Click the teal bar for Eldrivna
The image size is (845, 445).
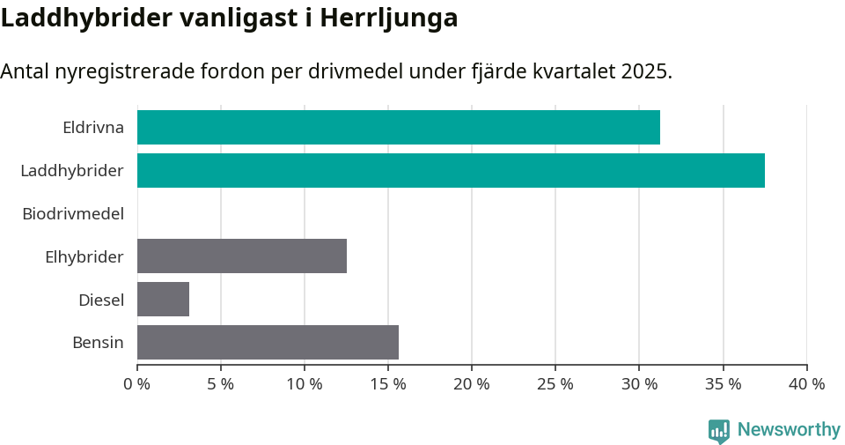[x=398, y=128]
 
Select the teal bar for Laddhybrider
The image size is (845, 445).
[x=451, y=170]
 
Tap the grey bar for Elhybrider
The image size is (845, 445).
[x=242, y=256]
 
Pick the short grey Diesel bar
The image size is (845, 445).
[x=163, y=299]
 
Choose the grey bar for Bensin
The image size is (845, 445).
[x=268, y=342]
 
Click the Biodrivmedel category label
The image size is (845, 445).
[x=73, y=213]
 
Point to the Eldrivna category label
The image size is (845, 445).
[x=93, y=128]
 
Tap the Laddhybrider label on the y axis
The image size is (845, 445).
[x=72, y=170]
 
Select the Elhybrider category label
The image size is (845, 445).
[x=84, y=256]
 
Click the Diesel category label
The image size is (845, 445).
[x=101, y=300]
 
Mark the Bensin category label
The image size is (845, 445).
[x=98, y=343]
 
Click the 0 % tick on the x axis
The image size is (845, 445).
[x=137, y=384]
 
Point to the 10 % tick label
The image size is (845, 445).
[x=305, y=384]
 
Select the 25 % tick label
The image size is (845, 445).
[x=555, y=384]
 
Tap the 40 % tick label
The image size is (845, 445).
[x=806, y=384]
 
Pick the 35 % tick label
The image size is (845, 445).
[x=723, y=384]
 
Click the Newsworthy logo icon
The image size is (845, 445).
[x=719, y=431]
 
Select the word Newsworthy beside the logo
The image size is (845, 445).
[x=789, y=430]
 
